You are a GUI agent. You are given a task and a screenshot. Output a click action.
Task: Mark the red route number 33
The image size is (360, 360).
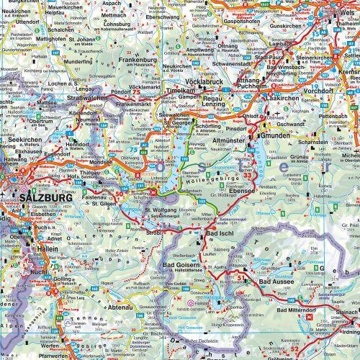(248, 175)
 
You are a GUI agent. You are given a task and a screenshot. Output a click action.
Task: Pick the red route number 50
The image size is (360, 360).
(119, 195)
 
